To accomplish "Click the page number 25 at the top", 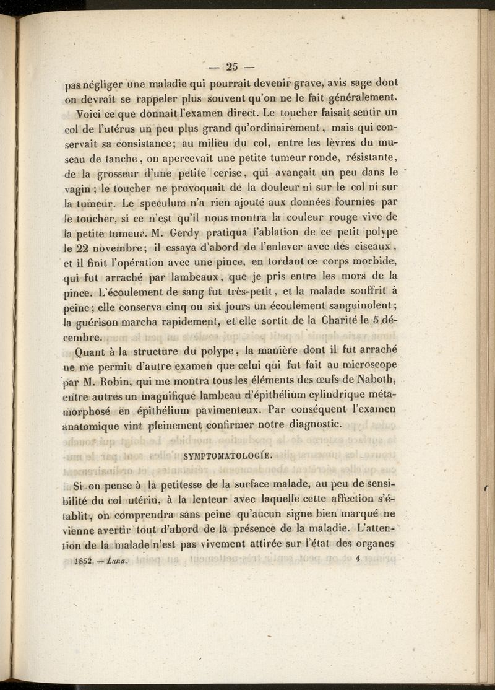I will click(x=232, y=66).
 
